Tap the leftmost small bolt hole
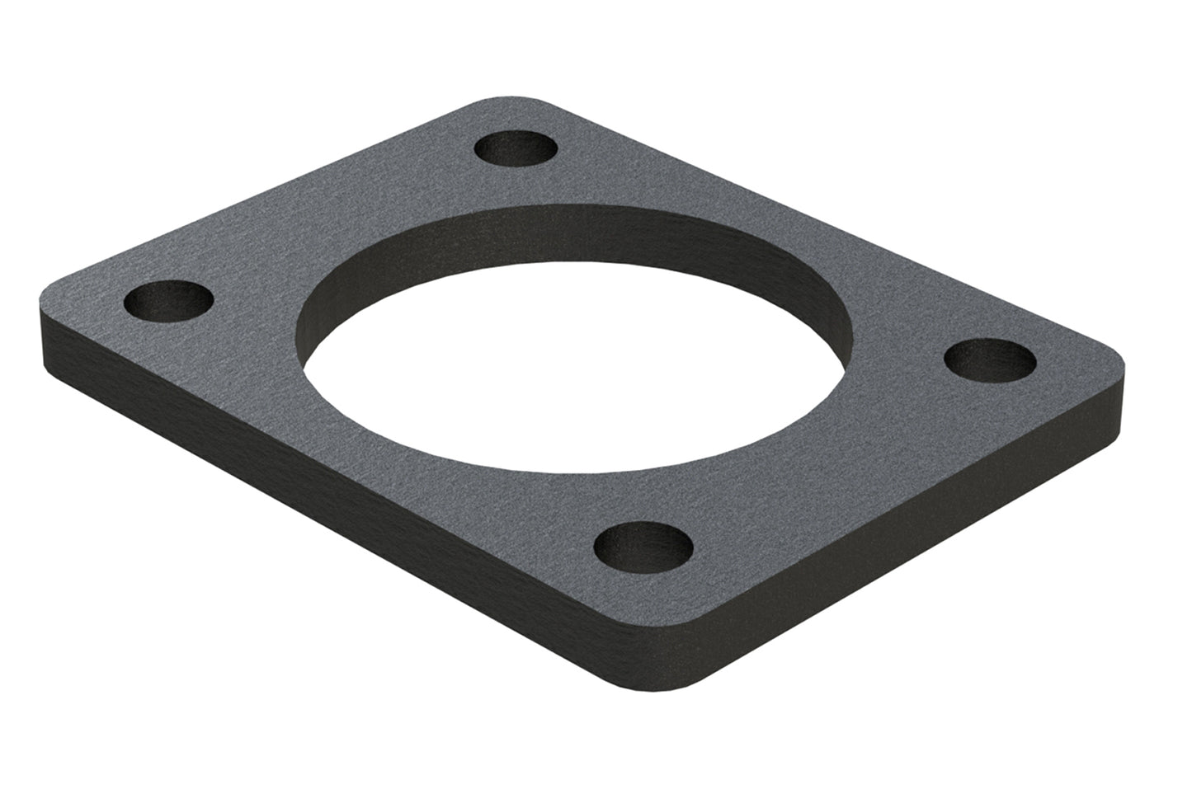(168, 301)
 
